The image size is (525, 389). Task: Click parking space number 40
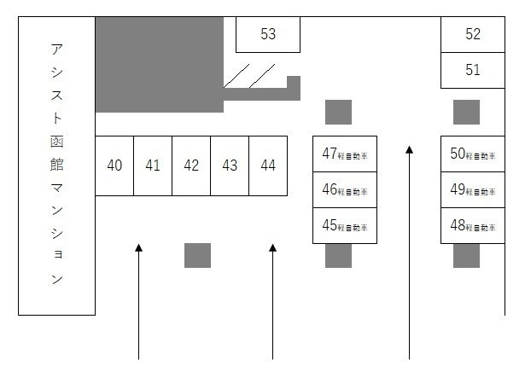[x=114, y=165]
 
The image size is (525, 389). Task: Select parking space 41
[x=153, y=165]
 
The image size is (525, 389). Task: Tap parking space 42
[x=191, y=165]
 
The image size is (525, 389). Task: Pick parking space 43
[x=230, y=165]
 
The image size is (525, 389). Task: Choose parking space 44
[x=268, y=165]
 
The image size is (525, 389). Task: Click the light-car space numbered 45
[x=345, y=226]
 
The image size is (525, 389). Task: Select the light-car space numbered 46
[x=345, y=190]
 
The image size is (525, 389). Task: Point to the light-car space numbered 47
[x=345, y=154]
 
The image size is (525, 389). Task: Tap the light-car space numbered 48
[x=472, y=226]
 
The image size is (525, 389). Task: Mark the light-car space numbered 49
[x=472, y=190]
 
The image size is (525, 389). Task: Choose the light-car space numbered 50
[x=472, y=154]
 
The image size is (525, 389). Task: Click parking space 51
[x=473, y=70]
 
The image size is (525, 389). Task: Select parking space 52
[x=473, y=34]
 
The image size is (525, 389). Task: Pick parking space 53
[x=268, y=34]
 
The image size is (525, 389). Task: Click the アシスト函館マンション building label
[x=56, y=165]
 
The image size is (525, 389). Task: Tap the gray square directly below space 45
[x=338, y=256]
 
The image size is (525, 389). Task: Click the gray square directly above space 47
[x=338, y=112]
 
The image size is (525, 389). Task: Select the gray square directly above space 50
[x=466, y=112]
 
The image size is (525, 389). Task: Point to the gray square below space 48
[x=466, y=256]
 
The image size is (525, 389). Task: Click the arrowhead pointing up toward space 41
[x=138, y=248]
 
